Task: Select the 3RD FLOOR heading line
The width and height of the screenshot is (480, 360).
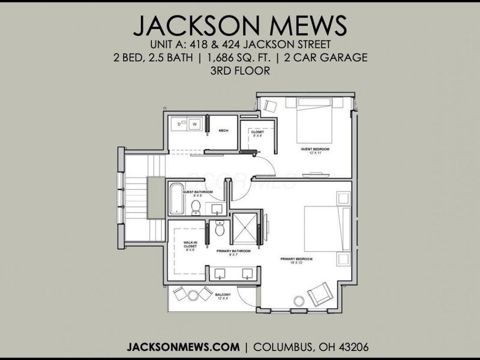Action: coord(240,70)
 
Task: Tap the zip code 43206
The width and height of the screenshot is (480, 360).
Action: coord(351,347)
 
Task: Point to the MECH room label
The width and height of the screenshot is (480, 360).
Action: coord(223,130)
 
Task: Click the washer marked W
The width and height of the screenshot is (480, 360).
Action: coord(195,124)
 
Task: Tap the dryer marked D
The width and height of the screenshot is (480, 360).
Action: coord(179,124)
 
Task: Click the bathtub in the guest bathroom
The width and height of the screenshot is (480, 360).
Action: coord(176,199)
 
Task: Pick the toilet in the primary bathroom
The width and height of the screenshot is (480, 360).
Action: coord(220,229)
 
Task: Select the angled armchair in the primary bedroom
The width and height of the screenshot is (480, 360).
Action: coord(318,295)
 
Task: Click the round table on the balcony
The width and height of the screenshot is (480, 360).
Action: coord(193,295)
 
